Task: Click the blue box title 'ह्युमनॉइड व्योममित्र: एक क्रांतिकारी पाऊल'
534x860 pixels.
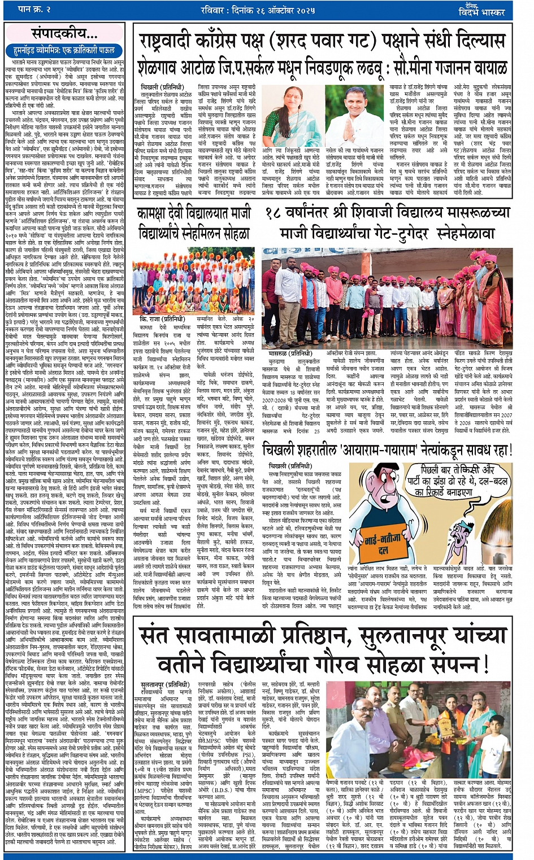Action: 64,50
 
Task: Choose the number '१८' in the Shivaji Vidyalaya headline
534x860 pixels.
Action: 273,214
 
